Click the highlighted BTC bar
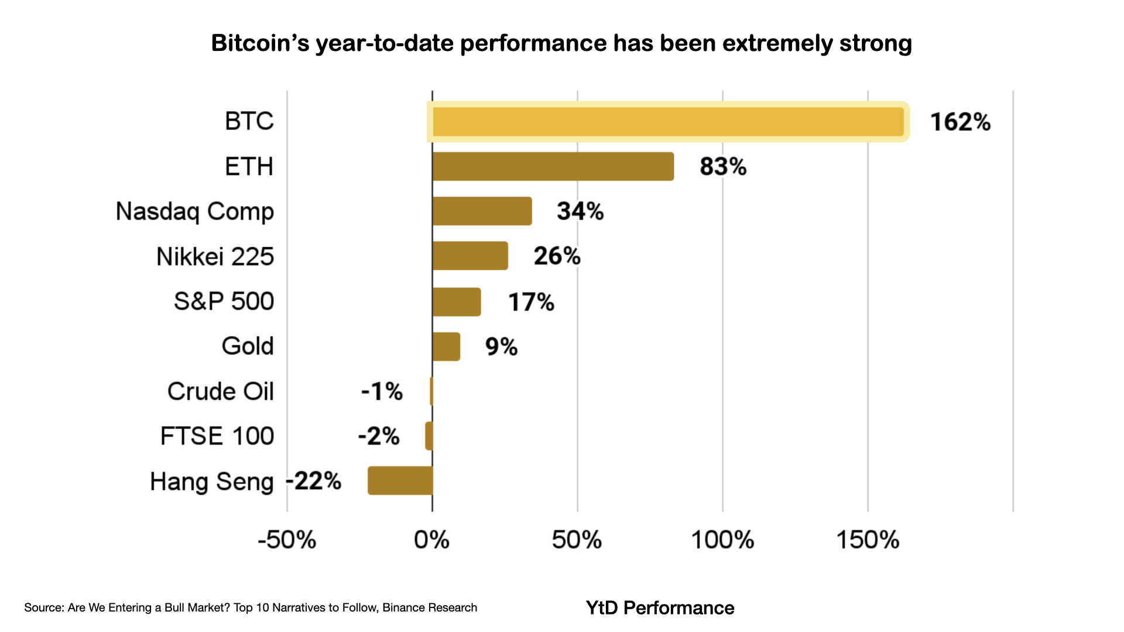667,122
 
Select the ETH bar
553,167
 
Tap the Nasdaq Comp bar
482,211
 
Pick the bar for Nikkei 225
470,256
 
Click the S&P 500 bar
457,302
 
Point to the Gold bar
446,346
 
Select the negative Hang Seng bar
400,480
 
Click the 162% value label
960,122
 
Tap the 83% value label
723,167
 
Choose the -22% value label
314,481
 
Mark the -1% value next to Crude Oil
382,391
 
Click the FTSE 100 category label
217,437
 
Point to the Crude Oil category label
220,391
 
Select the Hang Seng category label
211,482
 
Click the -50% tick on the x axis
287,540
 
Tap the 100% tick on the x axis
722,540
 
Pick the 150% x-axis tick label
868,540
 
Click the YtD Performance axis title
660,608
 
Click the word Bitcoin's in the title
260,43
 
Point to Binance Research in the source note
430,608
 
